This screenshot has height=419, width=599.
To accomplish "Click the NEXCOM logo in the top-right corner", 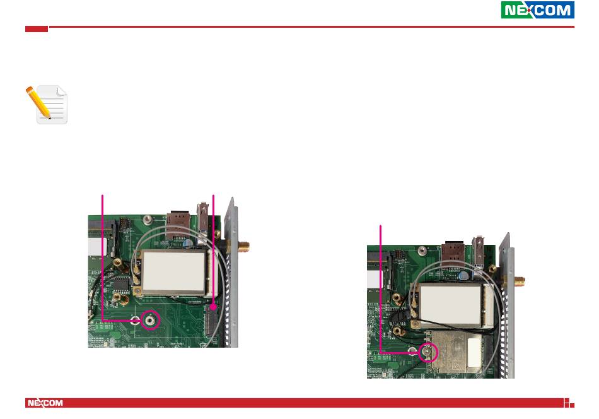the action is point(537,10).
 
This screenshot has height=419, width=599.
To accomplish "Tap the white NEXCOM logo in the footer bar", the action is point(45,403).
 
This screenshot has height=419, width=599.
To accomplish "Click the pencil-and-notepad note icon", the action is point(47,105).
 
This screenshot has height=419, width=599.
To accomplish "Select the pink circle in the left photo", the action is point(151,320).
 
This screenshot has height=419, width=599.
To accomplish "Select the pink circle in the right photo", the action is point(429,353).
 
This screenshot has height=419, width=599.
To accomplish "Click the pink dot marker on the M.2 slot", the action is point(213,307).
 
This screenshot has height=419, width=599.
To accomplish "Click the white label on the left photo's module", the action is point(173,273).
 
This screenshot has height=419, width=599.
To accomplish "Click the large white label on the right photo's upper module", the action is point(450,305).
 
